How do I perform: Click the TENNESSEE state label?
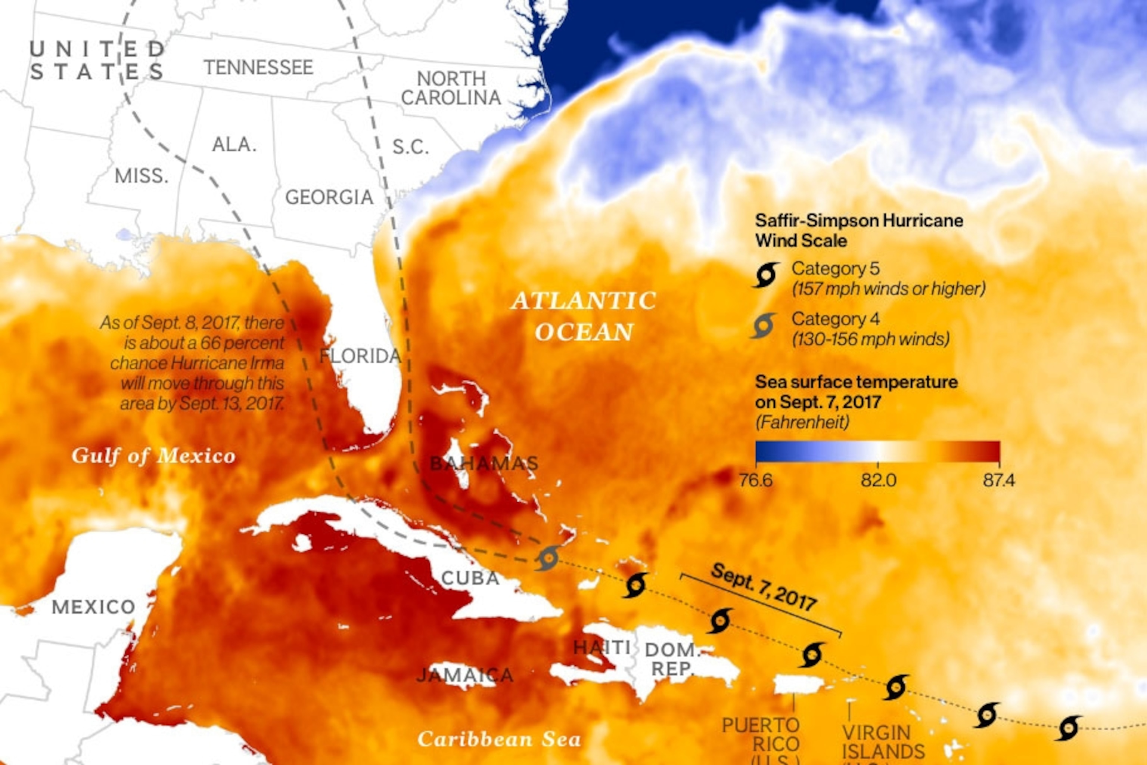tap(258, 67)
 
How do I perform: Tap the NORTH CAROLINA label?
tap(451, 88)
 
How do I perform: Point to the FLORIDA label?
tap(360, 356)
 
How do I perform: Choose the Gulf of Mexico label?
tap(153, 456)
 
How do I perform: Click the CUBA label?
tap(470, 578)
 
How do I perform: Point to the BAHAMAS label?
tap(484, 463)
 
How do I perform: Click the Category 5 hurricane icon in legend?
tap(766, 276)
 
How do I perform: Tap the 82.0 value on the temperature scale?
tap(878, 481)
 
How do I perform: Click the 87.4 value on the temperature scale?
tap(999, 481)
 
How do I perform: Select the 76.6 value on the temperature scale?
tap(756, 481)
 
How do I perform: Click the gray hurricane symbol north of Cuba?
tap(548, 558)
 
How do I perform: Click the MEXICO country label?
tap(94, 607)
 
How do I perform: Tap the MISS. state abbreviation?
tap(142, 176)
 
